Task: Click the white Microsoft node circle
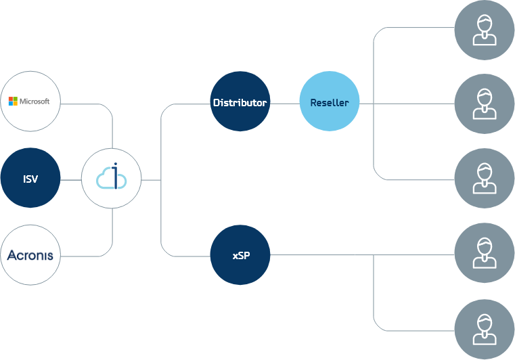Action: [30, 102]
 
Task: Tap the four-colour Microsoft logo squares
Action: [13, 102]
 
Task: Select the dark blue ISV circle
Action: [30, 179]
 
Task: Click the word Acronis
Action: [30, 256]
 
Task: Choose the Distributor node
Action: [240, 103]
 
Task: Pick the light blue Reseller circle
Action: [329, 103]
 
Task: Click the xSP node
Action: [240, 256]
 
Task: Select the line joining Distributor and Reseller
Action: [284, 104]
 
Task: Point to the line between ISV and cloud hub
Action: [71, 180]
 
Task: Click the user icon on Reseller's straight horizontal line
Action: [484, 104]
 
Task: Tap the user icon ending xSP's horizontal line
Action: [484, 255]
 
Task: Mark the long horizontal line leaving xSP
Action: [359, 256]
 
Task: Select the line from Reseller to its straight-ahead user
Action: [413, 104]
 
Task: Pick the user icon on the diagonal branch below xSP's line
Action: [484, 330]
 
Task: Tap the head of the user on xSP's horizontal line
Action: [484, 246]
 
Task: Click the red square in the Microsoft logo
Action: [11, 99]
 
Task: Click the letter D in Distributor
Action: [217, 104]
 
